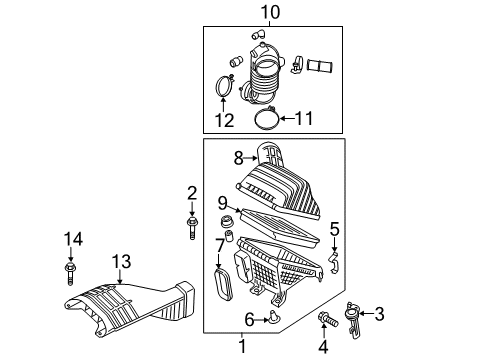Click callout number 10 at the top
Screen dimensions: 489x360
(x=270, y=13)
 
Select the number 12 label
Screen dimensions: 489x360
(x=224, y=120)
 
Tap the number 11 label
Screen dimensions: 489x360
(x=304, y=118)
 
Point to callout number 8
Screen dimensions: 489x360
(x=238, y=158)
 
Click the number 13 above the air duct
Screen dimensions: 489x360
(x=121, y=262)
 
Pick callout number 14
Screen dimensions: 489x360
(x=73, y=239)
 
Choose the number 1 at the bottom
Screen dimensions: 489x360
(x=242, y=346)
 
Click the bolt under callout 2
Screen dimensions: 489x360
(x=192, y=228)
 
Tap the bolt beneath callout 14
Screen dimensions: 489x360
(x=70, y=273)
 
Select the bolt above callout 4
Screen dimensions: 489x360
(x=328, y=319)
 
